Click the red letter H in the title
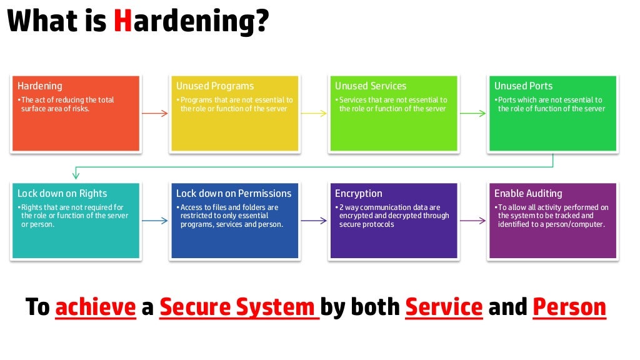tap(122, 22)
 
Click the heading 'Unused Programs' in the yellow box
tap(214, 86)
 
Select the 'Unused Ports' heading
tap(523, 86)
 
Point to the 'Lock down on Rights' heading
tap(62, 194)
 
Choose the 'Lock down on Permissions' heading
tap(233, 194)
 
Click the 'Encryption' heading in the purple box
tap(358, 194)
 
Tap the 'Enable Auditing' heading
tap(528, 194)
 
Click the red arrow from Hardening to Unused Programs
tap(155, 113)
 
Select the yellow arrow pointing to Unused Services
tap(314, 113)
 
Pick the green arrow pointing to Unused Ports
tap(473, 113)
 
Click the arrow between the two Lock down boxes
tap(155, 220)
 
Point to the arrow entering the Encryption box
tap(314, 220)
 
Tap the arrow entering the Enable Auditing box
tap(473, 220)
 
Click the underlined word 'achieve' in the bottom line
tap(96, 307)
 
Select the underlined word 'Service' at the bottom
tap(444, 307)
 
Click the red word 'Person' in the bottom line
tap(569, 307)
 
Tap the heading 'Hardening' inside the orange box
tap(40, 86)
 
